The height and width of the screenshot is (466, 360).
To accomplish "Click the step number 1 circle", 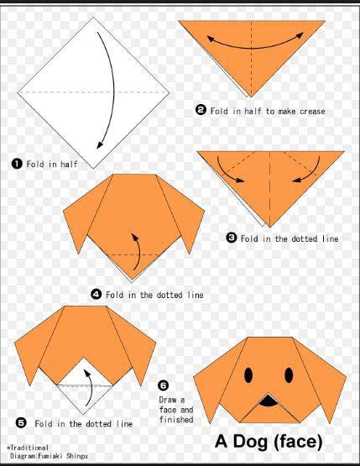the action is [17, 164].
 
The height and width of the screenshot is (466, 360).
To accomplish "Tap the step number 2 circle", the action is [201, 110].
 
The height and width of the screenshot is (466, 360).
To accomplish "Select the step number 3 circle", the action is [232, 238].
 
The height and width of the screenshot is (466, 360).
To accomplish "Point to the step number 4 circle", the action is [96, 294].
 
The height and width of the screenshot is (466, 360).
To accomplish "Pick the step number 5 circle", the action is [21, 422].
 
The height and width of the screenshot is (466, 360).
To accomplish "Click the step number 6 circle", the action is [163, 385].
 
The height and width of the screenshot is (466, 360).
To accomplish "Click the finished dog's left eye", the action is [248, 375].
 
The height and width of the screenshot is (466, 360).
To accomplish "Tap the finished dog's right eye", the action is [289, 375].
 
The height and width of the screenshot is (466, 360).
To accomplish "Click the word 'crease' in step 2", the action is [312, 112].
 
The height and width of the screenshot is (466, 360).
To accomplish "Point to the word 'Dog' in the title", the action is [250, 442].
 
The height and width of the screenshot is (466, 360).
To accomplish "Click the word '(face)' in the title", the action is [298, 442].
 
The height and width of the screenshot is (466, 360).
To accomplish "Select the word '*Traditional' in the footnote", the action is [28, 448].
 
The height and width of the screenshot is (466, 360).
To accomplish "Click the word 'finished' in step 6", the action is [176, 419].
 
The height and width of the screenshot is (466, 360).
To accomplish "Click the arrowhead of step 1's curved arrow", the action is [100, 144].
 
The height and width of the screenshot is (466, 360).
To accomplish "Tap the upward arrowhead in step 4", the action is [134, 237].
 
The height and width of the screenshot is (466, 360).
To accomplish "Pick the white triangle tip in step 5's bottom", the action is [83, 413].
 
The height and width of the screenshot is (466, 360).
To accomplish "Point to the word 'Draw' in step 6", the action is [168, 400].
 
